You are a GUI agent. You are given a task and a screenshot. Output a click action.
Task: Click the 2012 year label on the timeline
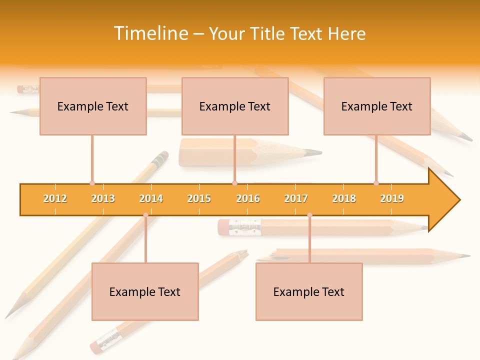tap(55, 198)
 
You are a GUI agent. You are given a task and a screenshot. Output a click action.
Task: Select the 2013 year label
tap(103, 198)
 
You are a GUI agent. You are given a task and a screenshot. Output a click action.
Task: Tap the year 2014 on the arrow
tap(151, 198)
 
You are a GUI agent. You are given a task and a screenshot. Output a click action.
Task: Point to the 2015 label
tap(199, 198)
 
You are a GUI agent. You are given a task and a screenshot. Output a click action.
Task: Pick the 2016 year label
tap(248, 198)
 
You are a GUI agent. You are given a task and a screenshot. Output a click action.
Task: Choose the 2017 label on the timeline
tap(296, 198)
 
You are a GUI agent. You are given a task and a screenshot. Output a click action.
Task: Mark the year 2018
tap(344, 198)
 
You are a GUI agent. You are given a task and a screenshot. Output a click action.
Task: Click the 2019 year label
tap(392, 198)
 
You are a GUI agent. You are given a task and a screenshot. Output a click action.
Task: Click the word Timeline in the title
tap(150, 33)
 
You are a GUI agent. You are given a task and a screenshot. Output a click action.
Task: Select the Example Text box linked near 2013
tap(93, 106)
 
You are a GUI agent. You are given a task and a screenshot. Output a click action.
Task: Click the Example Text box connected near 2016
tap(235, 106)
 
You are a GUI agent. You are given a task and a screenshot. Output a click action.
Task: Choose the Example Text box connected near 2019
tap(377, 106)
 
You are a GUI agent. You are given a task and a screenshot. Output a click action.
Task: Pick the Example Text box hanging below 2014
tap(145, 291)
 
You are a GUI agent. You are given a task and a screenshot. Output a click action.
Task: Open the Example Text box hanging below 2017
tap(309, 291)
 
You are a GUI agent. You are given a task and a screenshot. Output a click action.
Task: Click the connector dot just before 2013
tap(92, 183)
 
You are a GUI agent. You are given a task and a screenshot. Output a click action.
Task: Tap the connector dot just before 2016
tap(234, 183)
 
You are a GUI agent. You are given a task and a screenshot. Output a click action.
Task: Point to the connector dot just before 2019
tap(376, 183)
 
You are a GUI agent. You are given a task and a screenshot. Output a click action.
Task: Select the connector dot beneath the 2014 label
tap(145, 215)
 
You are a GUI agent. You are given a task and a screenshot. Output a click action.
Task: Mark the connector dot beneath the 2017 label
tap(309, 215)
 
